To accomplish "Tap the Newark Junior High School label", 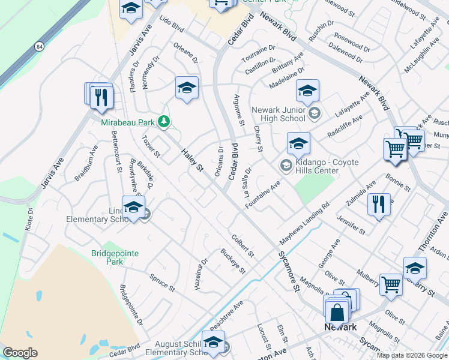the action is pyautogui.click(x=279, y=114).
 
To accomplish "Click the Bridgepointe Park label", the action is pyautogui.click(x=115, y=257).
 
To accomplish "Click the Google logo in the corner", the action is pyautogui.click(x=20, y=352).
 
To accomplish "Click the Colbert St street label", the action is pyautogui.click(x=243, y=246).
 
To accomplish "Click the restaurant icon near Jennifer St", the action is pyautogui.click(x=378, y=204).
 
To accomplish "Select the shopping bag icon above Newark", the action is pyautogui.click(x=337, y=311).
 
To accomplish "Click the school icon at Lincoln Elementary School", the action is pyautogui.click(x=133, y=208).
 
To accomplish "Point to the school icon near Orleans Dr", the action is pyautogui.click(x=187, y=88).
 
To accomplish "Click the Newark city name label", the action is pyautogui.click(x=340, y=327).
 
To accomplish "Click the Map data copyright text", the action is pyautogui.click(x=412, y=355).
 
